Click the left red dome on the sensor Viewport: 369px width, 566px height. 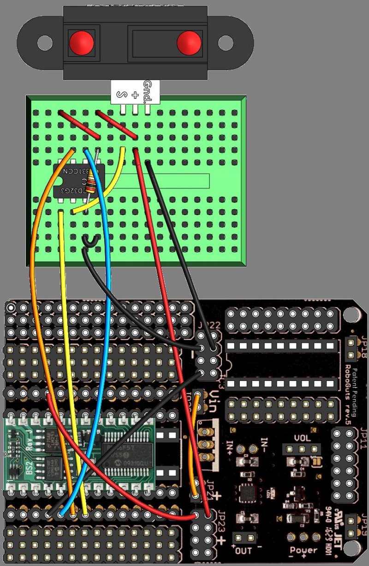pos(82,42)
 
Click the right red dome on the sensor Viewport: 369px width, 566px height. pos(190,42)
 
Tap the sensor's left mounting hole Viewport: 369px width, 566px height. pos(45,44)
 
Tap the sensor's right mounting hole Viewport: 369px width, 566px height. pos(226,44)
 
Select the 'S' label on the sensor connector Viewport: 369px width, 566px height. pos(122,95)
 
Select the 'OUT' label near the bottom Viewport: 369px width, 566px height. pos(244,550)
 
